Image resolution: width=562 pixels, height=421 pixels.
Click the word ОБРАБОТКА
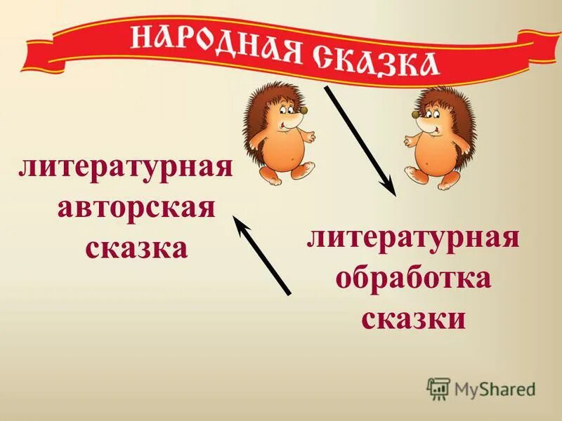[413, 280]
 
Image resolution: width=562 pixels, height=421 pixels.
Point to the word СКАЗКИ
[413, 319]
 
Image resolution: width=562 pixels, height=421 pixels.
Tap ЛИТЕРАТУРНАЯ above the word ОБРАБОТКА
[413, 241]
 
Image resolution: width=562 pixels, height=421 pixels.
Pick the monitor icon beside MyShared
[438, 387]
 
